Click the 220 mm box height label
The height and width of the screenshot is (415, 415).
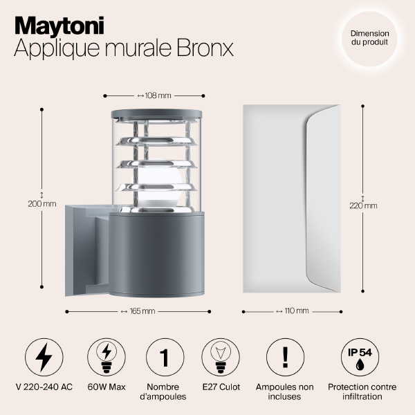(x=364, y=205)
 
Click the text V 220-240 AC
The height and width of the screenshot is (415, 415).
(x=43, y=387)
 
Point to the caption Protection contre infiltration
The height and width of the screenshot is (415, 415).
(x=358, y=391)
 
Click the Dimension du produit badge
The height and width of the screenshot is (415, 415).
(x=369, y=38)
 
